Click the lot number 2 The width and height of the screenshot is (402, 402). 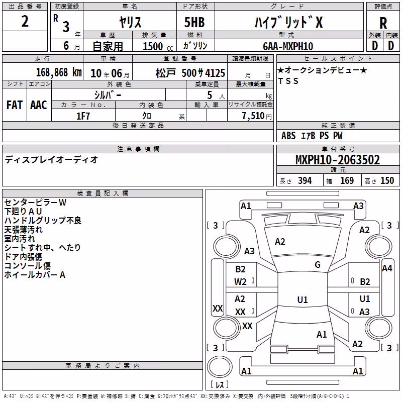click(25, 21)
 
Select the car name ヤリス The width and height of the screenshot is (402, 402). click(130, 22)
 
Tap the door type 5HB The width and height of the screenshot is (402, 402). click(194, 22)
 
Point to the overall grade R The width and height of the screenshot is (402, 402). click(383, 23)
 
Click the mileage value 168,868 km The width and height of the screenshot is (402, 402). click(59, 72)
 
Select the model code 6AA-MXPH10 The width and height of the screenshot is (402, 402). click(288, 46)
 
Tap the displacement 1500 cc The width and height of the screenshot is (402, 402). click(158, 46)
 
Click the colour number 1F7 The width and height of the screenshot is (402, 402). click(83, 116)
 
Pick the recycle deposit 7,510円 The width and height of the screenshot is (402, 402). click(257, 116)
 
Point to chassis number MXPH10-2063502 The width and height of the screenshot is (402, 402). click(338, 160)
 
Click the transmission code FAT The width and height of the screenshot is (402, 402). click(15, 105)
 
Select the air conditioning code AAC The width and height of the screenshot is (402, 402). click(39, 105)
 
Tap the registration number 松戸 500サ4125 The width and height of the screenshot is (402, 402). click(190, 73)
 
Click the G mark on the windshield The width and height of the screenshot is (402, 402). click(318, 265)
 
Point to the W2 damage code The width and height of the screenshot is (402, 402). click(240, 282)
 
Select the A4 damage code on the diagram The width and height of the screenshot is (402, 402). click(387, 268)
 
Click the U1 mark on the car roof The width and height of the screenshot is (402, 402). click(303, 299)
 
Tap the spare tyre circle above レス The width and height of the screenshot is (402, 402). click(220, 367)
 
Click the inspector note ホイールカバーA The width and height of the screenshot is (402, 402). click(35, 275)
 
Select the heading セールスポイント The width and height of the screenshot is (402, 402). click(338, 59)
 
